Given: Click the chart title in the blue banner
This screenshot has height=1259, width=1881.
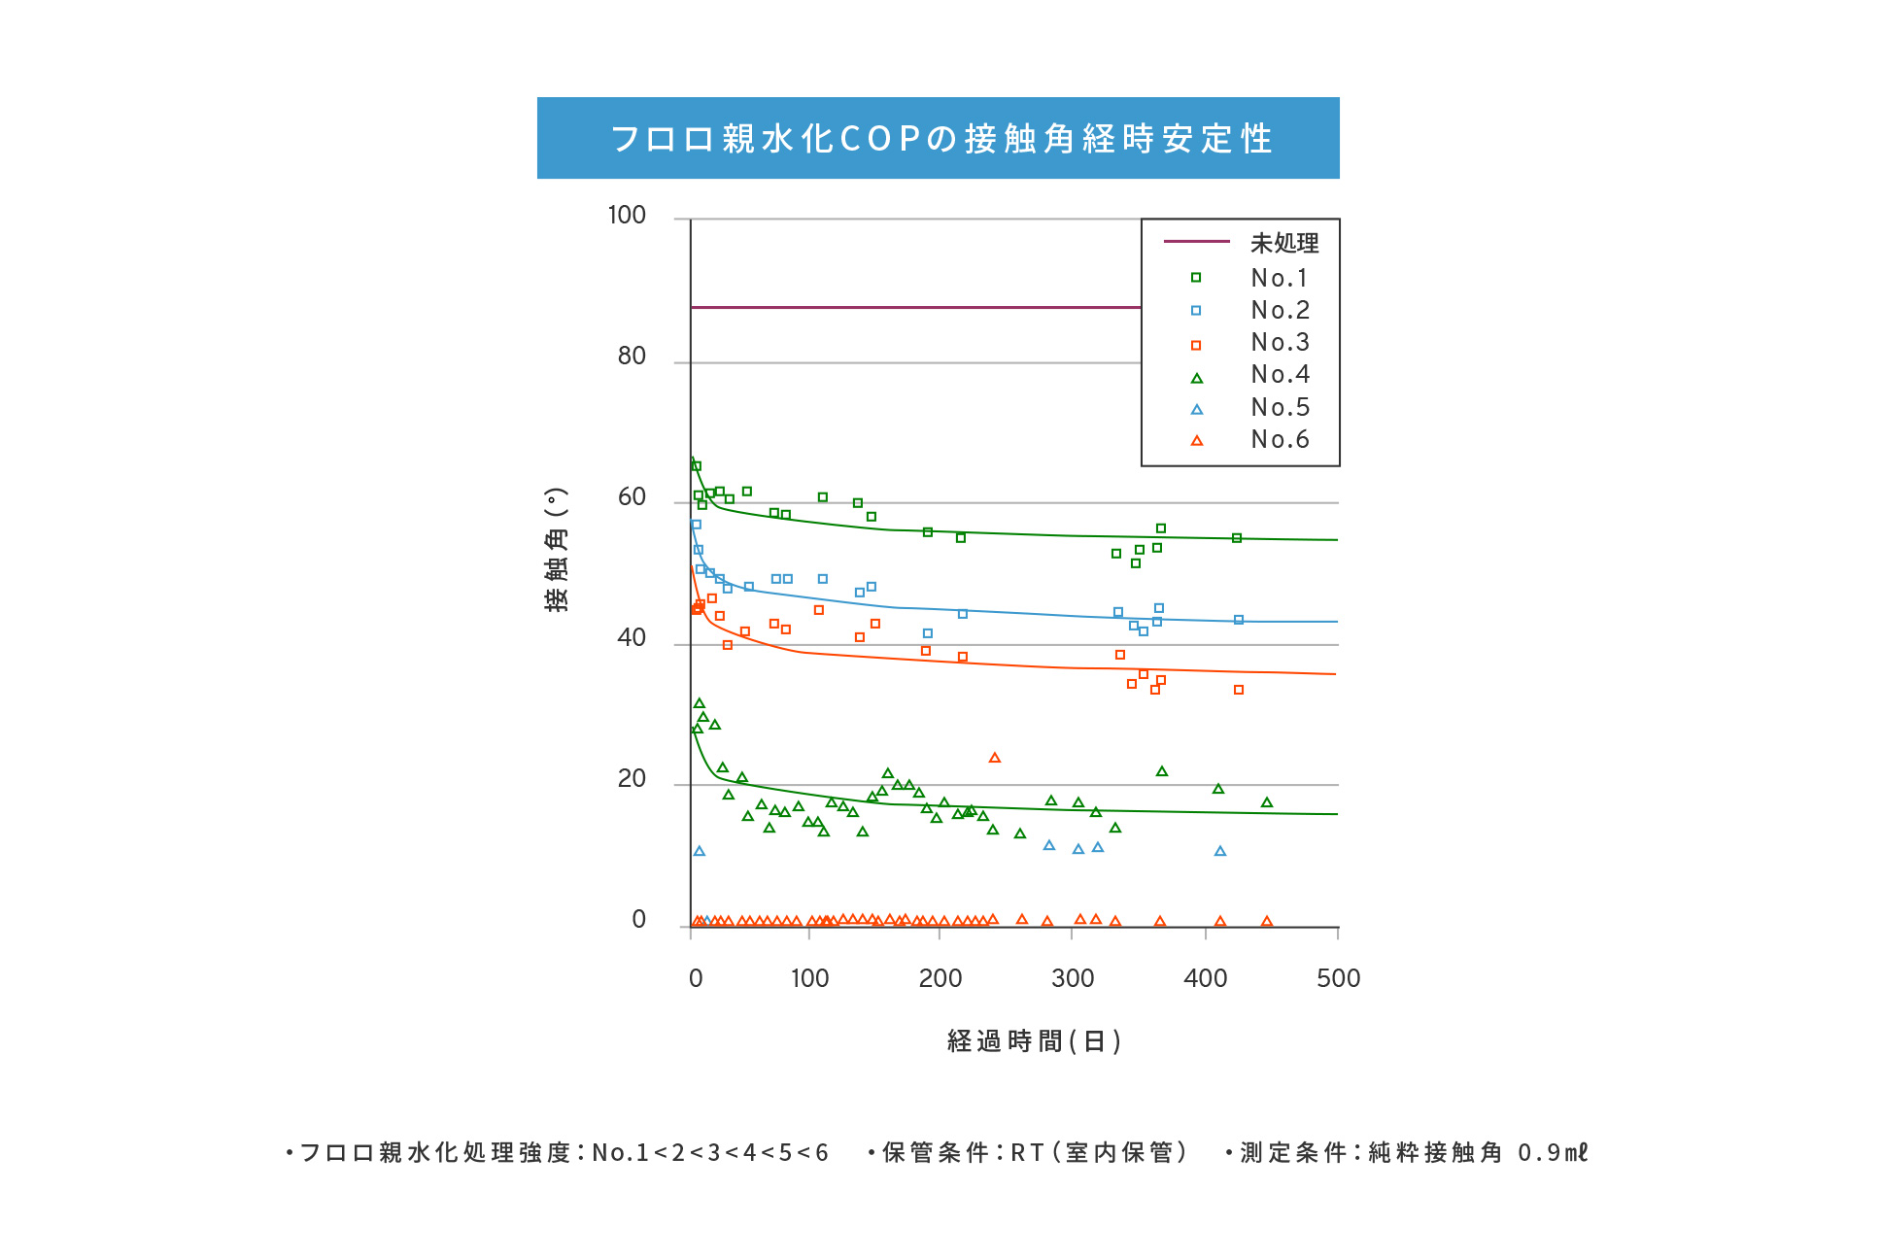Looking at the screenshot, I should click(x=939, y=139).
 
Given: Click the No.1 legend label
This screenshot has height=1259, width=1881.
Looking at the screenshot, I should click(x=1280, y=279).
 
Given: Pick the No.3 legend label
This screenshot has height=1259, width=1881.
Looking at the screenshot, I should click(x=1280, y=343).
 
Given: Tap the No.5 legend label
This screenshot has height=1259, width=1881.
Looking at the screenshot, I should click(x=1280, y=408).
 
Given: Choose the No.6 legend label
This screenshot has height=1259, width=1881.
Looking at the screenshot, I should click(x=1280, y=440).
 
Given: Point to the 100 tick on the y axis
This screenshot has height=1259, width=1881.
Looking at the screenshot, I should click(x=627, y=216).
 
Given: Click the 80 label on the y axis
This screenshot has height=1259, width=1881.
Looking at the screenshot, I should click(x=632, y=357).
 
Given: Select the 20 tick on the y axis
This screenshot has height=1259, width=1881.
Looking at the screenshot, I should click(x=632, y=779).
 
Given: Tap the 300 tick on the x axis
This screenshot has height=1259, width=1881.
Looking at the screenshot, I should click(x=1073, y=978).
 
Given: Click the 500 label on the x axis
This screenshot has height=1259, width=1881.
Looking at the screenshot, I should click(x=1338, y=978).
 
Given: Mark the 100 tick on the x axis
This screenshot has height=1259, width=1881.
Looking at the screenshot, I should click(x=809, y=978).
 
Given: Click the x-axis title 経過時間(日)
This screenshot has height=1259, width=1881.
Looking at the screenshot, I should click(x=1034, y=1041).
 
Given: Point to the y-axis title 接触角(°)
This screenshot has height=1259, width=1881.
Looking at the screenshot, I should click(x=556, y=550).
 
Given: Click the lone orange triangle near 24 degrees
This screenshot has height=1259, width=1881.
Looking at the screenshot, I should click(x=994, y=758).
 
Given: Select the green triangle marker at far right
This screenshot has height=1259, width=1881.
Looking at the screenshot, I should click(x=1267, y=802).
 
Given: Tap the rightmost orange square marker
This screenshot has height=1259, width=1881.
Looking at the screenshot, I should click(x=1239, y=690).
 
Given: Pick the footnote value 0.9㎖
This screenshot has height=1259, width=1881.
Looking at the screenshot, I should click(x=1553, y=1153).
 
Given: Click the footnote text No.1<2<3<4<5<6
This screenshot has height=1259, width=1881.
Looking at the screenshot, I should click(x=710, y=1153).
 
